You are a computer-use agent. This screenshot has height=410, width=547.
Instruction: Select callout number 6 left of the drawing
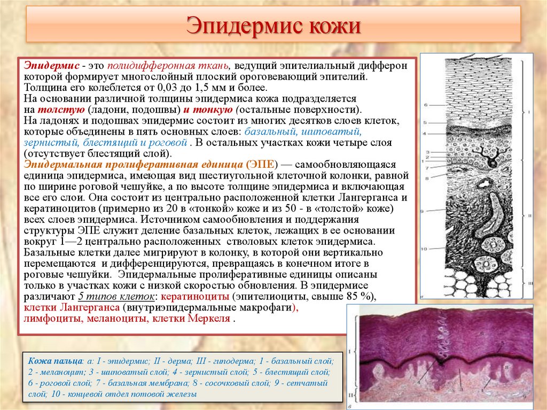426,105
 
